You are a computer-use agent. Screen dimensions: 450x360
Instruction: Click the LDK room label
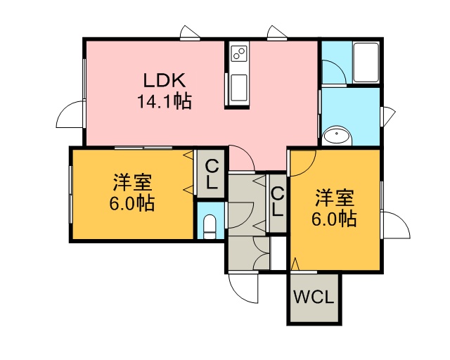tap(165, 80)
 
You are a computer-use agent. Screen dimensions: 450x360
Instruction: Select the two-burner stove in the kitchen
tap(239, 53)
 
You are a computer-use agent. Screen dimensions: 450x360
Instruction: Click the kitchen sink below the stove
tap(239, 88)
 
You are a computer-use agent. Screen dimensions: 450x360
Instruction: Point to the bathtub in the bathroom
tap(366, 63)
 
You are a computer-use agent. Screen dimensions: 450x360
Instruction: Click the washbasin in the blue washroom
tap(336, 136)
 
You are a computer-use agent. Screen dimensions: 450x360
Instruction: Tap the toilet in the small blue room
tap(210, 227)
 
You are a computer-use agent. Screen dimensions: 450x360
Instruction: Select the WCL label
tap(314, 297)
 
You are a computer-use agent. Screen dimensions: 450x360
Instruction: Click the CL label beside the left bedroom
tap(212, 174)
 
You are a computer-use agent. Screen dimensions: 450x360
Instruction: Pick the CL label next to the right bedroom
tap(278, 202)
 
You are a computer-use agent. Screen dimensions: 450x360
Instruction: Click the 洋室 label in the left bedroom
tap(132, 183)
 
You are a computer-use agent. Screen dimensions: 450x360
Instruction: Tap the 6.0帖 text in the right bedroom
tap(334, 219)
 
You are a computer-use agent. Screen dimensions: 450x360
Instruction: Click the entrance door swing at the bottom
tap(243, 287)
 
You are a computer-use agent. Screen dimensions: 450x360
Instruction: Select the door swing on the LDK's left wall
tap(70, 115)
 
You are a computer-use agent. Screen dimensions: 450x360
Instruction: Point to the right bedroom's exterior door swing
tap(397, 225)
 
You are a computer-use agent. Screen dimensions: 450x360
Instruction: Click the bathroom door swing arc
tap(335, 71)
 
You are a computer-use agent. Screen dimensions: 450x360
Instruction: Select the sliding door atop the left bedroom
tap(143, 148)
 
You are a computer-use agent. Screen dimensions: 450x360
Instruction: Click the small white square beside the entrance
tap(278, 253)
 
